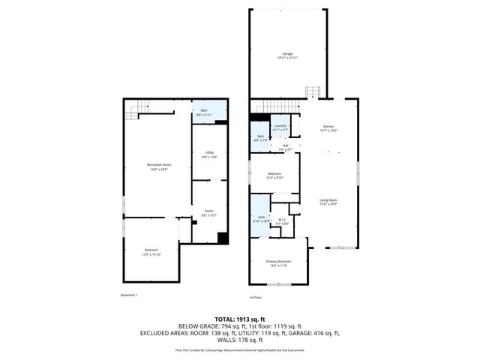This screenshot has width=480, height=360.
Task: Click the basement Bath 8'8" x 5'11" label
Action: pos(204,113)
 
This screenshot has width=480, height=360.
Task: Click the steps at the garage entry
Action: pos(313,92)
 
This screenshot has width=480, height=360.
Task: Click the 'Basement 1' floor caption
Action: pos(130,295)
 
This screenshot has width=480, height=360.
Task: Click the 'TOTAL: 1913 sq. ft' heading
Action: pos(240,319)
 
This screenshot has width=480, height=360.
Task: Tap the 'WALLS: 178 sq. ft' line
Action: pos(240,340)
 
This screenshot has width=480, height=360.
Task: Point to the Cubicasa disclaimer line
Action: pos(240,349)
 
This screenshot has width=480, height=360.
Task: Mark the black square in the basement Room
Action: pos(222,238)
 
